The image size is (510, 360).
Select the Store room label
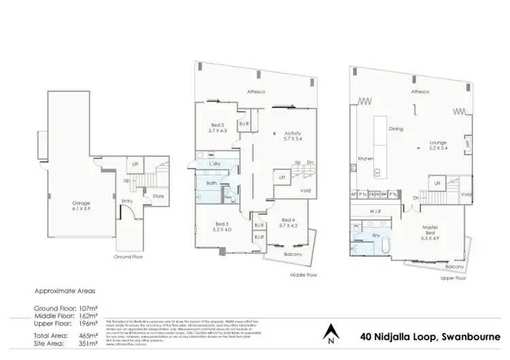[x=158, y=197]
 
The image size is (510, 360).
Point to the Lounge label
[x=438, y=144]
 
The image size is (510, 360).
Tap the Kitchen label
[x=366, y=159]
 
